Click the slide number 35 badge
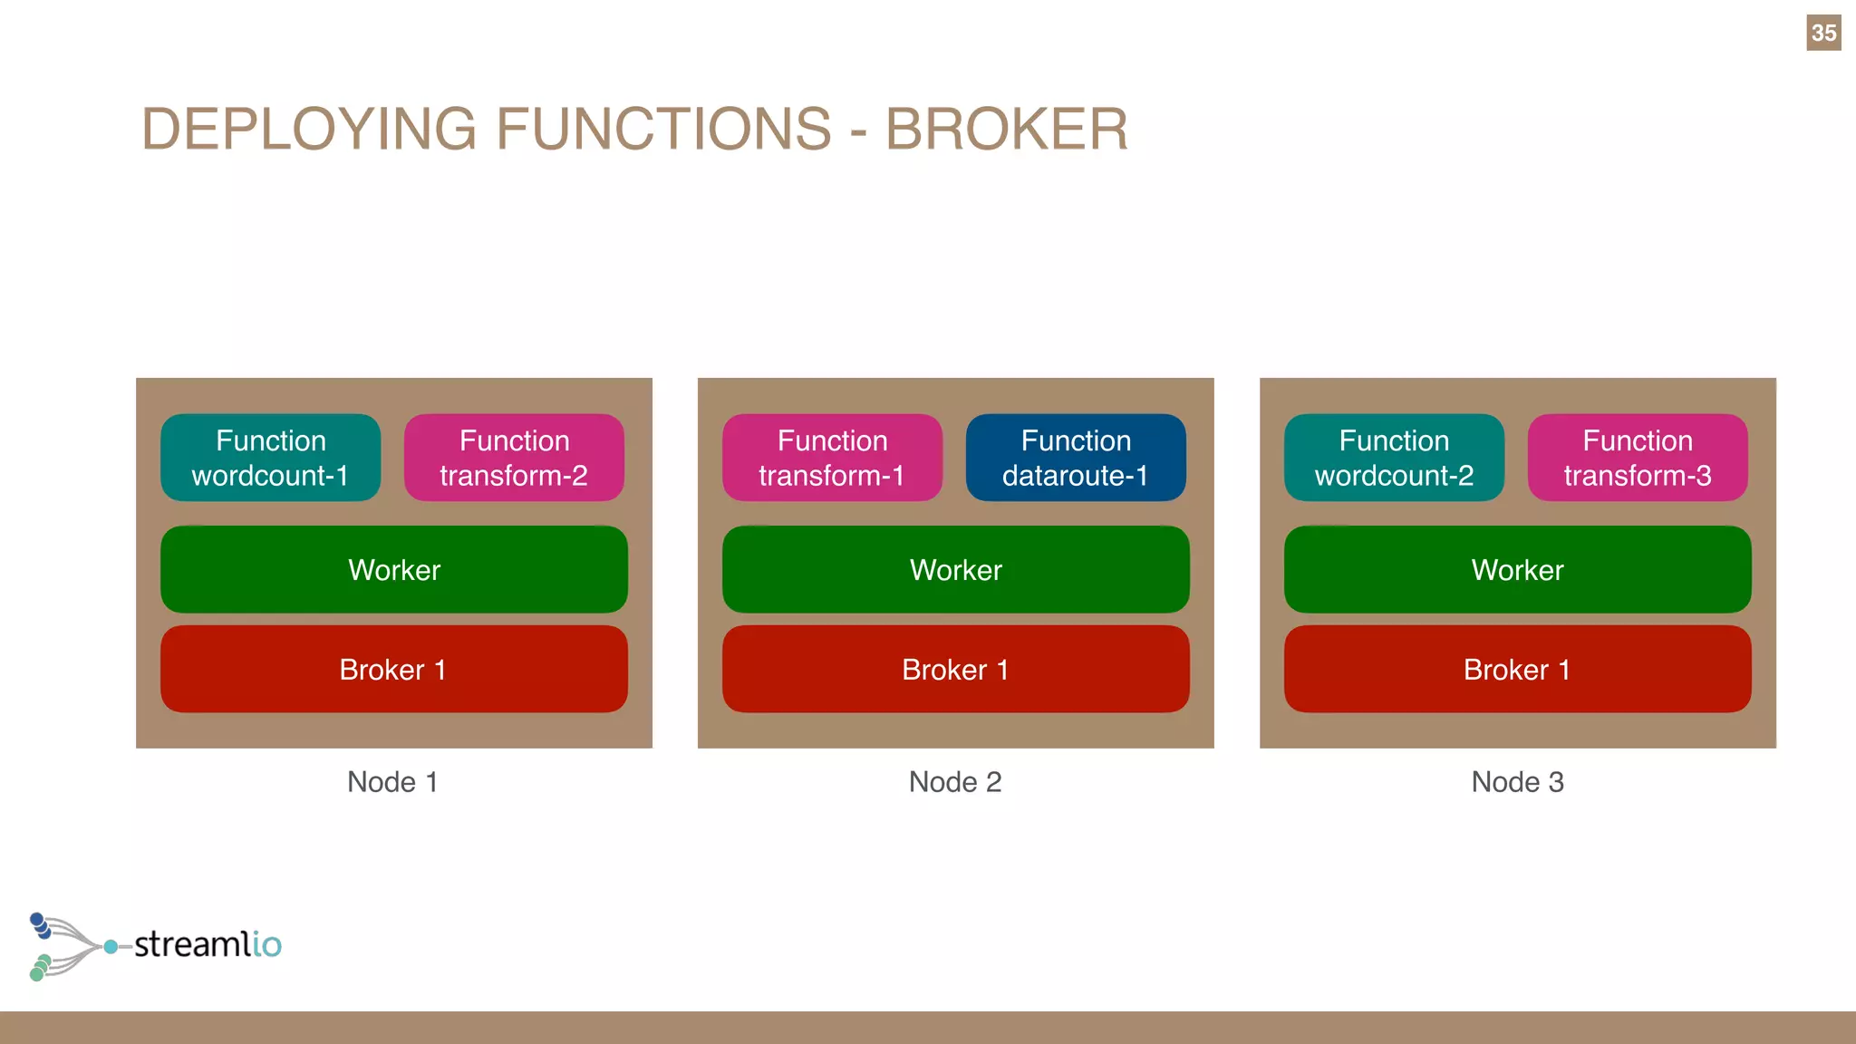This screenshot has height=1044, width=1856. tap(1822, 33)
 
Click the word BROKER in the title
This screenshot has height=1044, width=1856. tap(1006, 129)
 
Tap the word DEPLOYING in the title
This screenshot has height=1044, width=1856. tap(308, 129)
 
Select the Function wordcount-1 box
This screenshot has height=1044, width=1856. tap(270, 458)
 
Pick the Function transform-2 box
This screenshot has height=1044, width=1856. tap(514, 458)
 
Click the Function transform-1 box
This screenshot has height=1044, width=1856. tap(832, 458)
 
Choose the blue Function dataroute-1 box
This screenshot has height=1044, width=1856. tap(1076, 458)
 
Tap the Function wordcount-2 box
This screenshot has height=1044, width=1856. tap(1394, 458)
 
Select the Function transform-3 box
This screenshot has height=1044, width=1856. tap(1638, 458)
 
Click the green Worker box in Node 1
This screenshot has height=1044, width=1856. tap(394, 570)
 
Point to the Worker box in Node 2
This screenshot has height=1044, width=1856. tap(956, 570)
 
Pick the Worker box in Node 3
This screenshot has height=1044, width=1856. tap(1518, 570)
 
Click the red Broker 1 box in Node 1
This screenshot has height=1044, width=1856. tap(394, 670)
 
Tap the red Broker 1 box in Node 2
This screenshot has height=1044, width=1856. tap(956, 670)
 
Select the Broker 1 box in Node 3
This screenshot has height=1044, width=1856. tap(1518, 670)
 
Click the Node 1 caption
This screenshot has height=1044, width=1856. tap(392, 782)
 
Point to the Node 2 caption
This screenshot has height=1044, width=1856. tap(955, 782)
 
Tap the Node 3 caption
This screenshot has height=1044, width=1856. tap(1517, 782)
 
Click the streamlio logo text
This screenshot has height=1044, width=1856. tap(208, 944)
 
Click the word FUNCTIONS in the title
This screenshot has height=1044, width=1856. tap(663, 129)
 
